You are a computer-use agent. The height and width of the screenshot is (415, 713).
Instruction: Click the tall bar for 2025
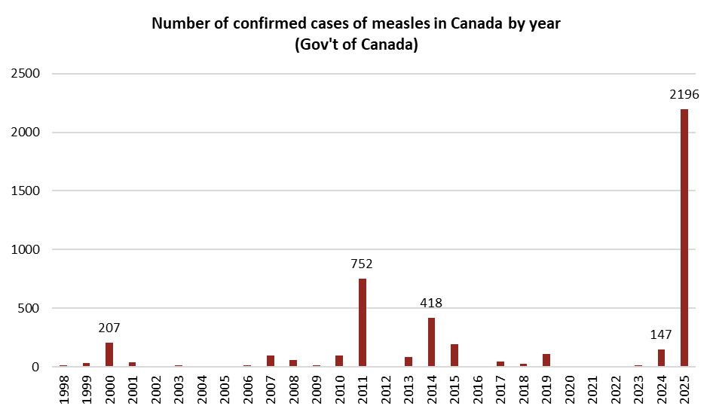(684, 238)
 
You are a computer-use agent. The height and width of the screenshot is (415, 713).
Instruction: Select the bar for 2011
(363, 322)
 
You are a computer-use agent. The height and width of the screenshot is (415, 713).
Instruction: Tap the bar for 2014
(431, 342)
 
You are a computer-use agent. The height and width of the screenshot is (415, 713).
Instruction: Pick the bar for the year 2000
(109, 355)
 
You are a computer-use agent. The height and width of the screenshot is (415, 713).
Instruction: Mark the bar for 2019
(546, 360)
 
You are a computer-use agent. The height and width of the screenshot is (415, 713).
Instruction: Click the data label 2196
(684, 95)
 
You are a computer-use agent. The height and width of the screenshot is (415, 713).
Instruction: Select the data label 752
(362, 264)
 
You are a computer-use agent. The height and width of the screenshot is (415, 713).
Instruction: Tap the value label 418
(431, 304)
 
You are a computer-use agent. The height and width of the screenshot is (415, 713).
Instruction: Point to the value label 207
(109, 328)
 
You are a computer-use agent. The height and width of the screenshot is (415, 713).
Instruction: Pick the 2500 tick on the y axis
(26, 74)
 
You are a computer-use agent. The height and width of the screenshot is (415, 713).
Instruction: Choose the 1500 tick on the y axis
(26, 191)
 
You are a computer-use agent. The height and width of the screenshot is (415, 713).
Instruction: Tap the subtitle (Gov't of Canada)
(356, 45)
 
